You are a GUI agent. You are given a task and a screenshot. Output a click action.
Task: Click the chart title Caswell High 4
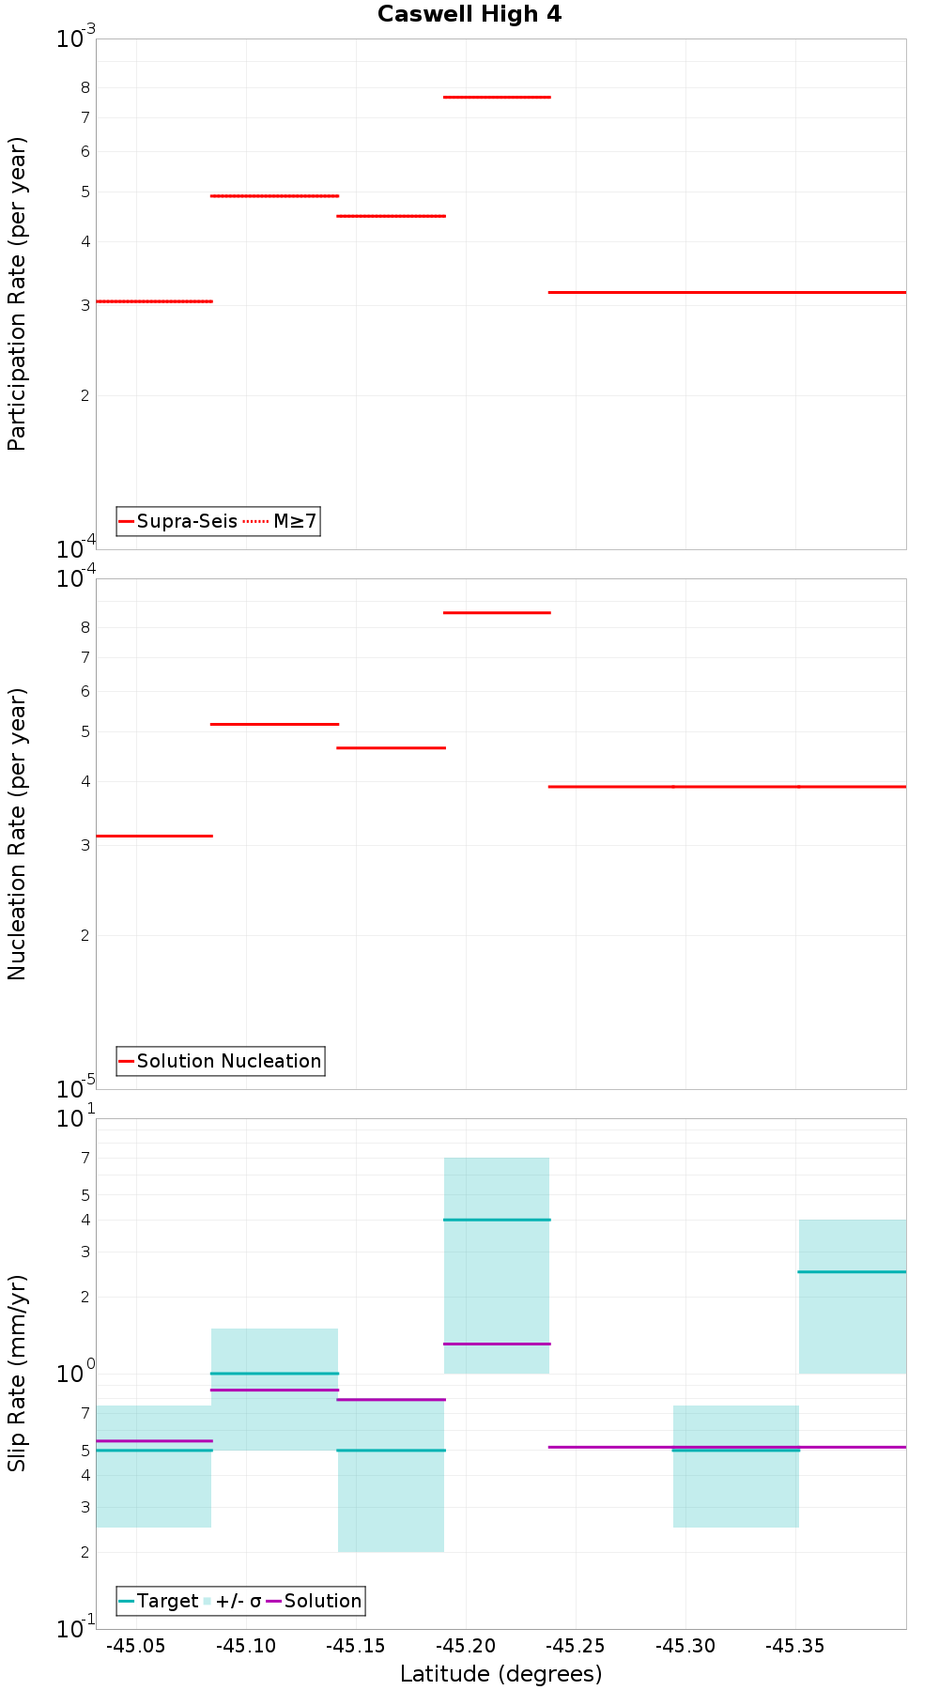(469, 14)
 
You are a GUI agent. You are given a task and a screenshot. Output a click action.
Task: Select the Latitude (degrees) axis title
(500, 1674)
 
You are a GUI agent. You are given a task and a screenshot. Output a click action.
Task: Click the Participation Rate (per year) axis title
(17, 294)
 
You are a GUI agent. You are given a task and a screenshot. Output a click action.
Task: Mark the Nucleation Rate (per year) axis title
(17, 834)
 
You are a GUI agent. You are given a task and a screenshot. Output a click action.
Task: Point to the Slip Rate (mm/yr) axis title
(17, 1374)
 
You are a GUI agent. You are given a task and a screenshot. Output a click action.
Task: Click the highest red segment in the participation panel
(497, 97)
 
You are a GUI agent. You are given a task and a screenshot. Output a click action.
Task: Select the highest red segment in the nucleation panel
(497, 612)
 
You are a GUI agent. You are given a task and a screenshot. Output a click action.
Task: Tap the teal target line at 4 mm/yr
(497, 1220)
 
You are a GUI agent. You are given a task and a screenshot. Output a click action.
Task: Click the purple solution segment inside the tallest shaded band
(497, 1344)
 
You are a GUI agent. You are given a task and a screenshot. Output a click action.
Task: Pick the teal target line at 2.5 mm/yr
(852, 1271)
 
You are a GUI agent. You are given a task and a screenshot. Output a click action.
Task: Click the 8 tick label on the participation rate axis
(85, 87)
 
